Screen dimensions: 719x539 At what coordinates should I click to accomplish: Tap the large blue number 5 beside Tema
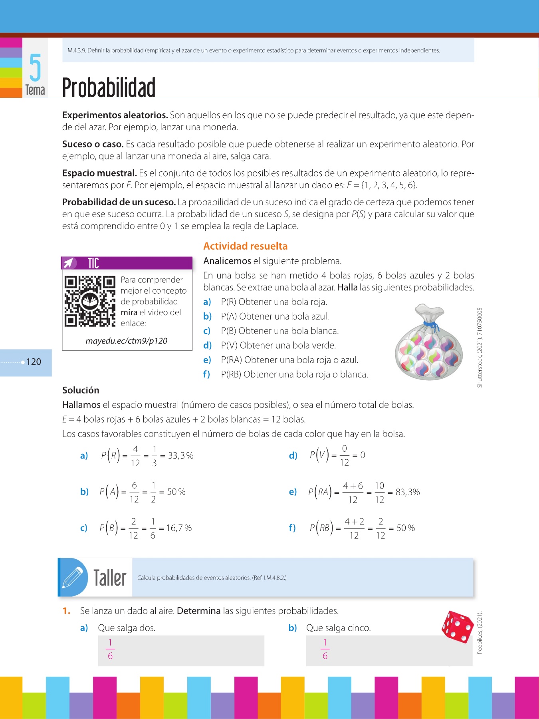click(35, 68)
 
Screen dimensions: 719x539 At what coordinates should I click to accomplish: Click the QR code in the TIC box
click(90, 301)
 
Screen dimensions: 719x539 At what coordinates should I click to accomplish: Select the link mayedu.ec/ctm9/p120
click(126, 341)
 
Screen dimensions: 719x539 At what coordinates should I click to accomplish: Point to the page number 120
click(34, 362)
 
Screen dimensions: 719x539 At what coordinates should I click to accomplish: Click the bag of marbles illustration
click(429, 343)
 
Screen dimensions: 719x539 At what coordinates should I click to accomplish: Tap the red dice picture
click(457, 627)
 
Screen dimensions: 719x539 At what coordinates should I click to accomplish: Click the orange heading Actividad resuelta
click(245, 246)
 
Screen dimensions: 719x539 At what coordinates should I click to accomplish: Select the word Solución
click(81, 390)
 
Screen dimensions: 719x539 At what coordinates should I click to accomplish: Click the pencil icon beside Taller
click(73, 578)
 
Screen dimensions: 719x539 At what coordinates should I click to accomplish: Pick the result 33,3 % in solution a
click(180, 455)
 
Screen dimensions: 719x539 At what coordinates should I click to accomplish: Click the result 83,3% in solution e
click(407, 492)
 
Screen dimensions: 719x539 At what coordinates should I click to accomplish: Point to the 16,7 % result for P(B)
click(179, 528)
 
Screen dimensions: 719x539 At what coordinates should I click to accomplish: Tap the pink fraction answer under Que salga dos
click(110, 649)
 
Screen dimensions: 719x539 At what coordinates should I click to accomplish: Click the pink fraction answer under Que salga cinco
click(325, 649)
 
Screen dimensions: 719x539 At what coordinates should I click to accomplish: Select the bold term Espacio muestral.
click(99, 173)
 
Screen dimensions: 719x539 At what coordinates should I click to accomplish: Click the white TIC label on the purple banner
click(93, 263)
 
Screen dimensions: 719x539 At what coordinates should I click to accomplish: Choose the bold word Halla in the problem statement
click(347, 287)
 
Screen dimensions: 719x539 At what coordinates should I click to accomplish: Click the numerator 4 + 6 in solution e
click(353, 486)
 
